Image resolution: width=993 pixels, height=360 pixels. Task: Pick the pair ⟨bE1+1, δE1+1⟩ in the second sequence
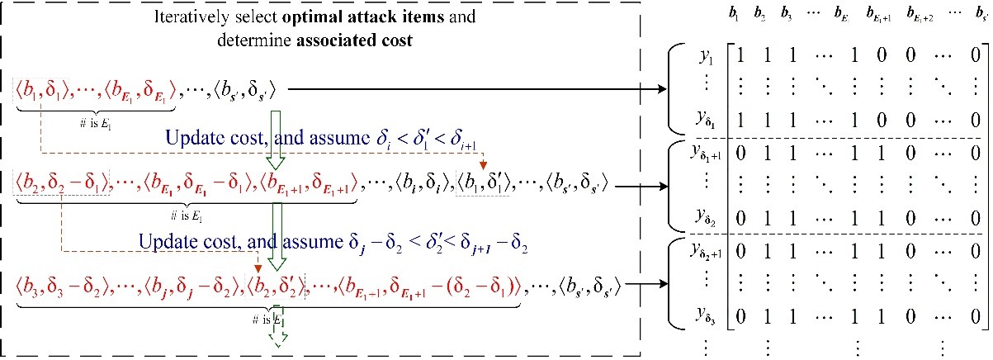click(306, 182)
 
